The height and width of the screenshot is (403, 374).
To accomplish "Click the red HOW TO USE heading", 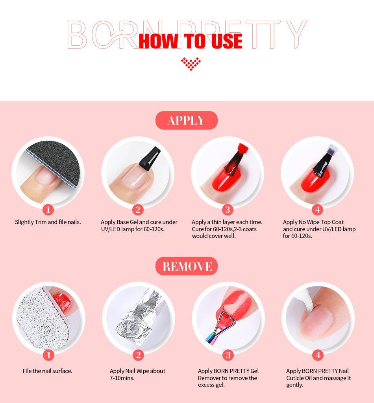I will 190,41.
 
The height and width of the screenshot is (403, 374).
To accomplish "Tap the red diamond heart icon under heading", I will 191,63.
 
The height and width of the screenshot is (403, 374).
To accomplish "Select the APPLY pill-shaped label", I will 187,121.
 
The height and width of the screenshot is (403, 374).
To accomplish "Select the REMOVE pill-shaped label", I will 187,266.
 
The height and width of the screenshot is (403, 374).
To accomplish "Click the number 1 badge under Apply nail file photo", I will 48,210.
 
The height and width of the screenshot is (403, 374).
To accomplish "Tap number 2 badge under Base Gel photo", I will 138,210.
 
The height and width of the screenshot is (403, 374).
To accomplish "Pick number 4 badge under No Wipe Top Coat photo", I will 317,210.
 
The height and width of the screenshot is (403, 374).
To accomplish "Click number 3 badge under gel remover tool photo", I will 228,355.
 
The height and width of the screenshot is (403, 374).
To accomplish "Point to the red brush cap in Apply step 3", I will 243,149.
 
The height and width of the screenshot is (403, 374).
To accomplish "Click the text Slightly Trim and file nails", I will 48,222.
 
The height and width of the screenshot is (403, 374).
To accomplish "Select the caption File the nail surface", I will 48,371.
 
